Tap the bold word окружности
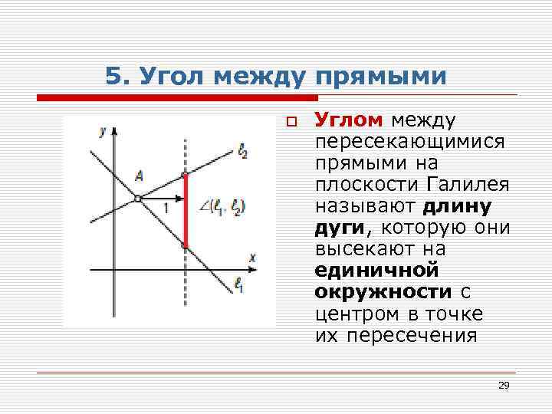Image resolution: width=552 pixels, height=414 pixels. coord(383,292)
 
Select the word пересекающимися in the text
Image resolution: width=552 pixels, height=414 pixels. coord(409,142)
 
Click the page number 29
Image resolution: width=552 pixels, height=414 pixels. coord(504,385)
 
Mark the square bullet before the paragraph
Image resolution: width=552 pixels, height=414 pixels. coord(291,121)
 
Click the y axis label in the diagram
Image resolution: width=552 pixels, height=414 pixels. coord(103,131)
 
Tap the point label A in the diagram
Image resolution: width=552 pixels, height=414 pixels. coord(138,176)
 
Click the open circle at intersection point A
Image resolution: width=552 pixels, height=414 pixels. coord(137,199)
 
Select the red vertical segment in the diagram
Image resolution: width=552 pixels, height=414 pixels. coord(186,211)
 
